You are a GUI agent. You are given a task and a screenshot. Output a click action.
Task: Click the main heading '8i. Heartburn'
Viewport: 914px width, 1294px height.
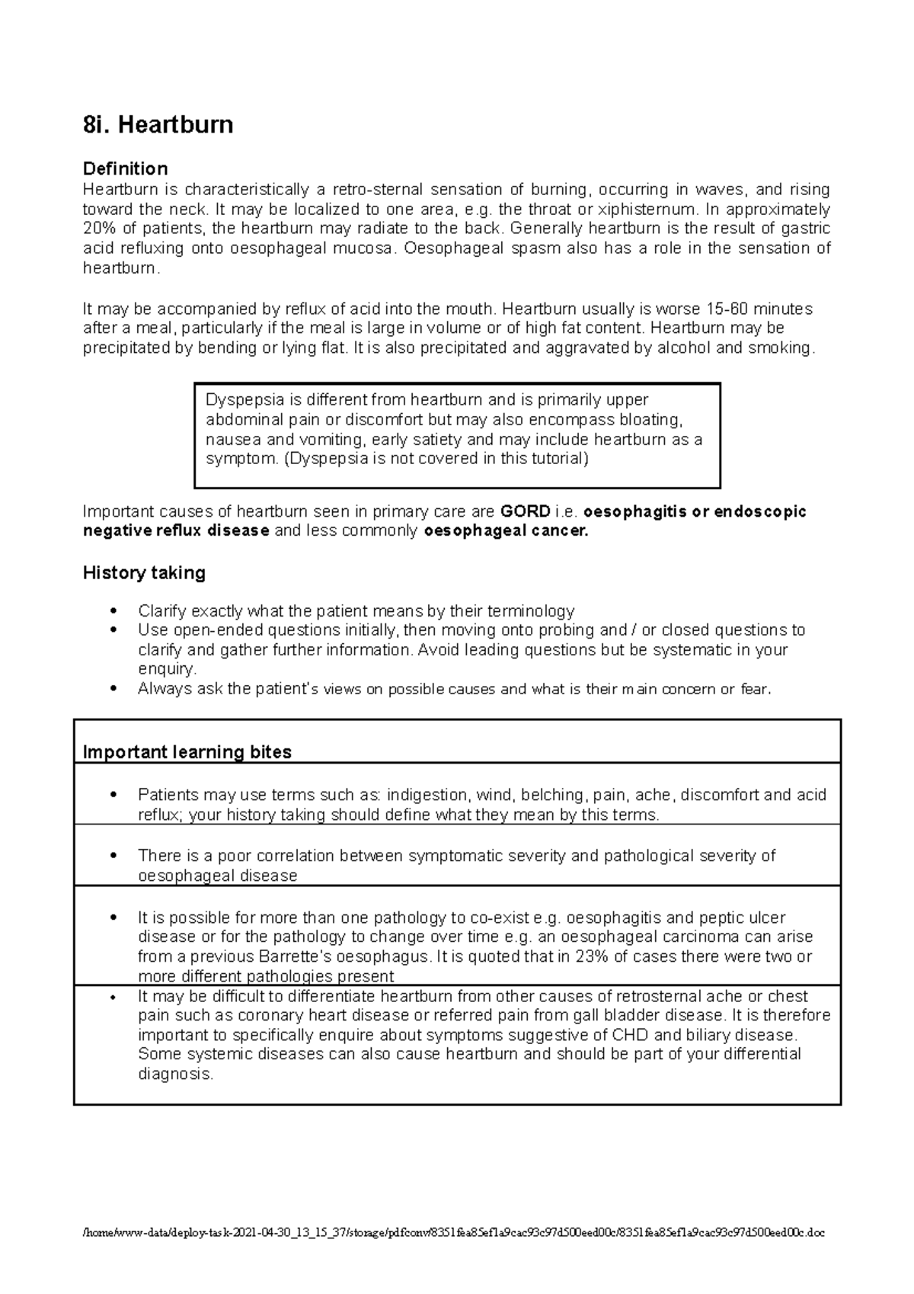158,125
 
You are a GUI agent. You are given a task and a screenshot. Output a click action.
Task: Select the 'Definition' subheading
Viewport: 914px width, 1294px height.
125,168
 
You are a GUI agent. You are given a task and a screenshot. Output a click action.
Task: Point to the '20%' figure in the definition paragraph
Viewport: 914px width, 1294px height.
97,229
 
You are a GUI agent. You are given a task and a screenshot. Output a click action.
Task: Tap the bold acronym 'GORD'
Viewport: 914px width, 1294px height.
524,511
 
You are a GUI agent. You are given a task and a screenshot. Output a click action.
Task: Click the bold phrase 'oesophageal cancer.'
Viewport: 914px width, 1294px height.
506,531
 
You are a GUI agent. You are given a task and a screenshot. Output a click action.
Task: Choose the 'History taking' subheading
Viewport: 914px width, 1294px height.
144,573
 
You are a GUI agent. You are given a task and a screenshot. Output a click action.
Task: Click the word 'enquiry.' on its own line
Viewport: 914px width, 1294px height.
167,669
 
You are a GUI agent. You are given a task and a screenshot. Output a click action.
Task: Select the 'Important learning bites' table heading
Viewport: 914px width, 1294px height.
187,752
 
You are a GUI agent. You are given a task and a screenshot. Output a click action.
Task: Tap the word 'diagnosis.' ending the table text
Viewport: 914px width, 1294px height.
175,1075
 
